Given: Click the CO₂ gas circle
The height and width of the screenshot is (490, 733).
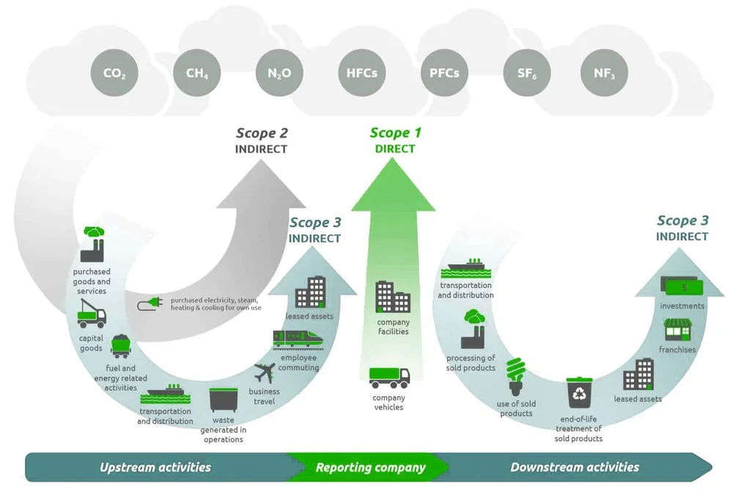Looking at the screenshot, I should [x=114, y=73].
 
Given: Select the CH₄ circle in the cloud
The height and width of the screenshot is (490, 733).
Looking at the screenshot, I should [x=197, y=73].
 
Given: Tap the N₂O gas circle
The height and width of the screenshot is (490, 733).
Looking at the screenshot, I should [x=279, y=73].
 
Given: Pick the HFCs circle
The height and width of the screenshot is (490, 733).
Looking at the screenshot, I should [x=361, y=73].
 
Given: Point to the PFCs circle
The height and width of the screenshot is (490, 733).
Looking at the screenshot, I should [x=444, y=73].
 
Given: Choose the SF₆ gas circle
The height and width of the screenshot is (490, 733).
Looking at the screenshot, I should [x=526, y=73].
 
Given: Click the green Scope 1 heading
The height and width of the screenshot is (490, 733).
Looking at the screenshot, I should [x=395, y=133].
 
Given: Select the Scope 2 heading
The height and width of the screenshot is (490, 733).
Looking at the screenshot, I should [x=262, y=133].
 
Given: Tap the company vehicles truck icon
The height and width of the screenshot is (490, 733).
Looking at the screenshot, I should [x=388, y=378].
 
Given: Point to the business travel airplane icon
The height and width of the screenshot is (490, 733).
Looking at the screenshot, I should [x=265, y=373].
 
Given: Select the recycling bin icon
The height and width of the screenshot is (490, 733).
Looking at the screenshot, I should [x=579, y=393].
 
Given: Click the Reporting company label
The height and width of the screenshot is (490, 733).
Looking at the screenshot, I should [x=370, y=467].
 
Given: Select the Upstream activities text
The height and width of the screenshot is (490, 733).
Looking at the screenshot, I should [x=155, y=467].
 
